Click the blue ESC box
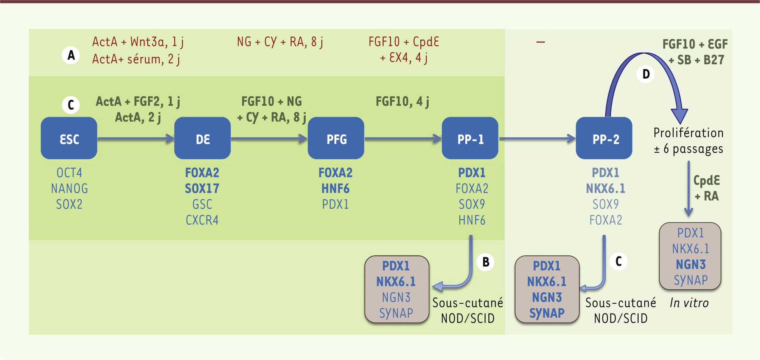(x=69, y=138)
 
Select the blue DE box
(x=202, y=138)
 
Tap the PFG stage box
(x=336, y=138)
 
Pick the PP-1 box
(x=470, y=138)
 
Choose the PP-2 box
(x=604, y=138)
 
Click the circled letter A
(x=71, y=55)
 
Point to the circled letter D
(x=646, y=74)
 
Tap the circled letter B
(x=486, y=262)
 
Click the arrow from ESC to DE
(x=135, y=139)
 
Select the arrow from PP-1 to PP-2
(x=537, y=139)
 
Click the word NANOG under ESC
(x=69, y=188)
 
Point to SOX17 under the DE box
(x=202, y=188)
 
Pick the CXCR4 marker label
(x=202, y=220)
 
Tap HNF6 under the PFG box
(x=336, y=188)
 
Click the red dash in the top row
(x=541, y=42)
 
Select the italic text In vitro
(x=689, y=303)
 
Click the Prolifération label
(x=689, y=133)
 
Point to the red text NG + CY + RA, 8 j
(x=280, y=42)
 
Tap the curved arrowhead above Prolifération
(x=679, y=115)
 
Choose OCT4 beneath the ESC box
(x=69, y=173)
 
